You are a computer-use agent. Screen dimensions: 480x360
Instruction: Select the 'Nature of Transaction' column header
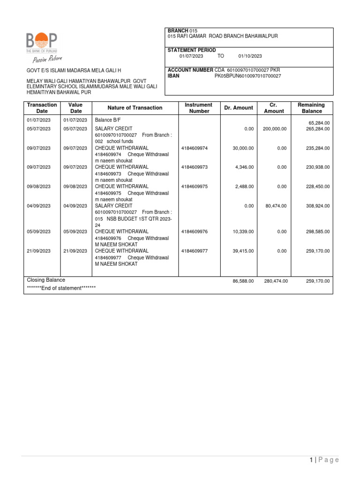135,108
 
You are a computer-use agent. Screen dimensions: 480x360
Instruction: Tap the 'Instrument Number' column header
198,108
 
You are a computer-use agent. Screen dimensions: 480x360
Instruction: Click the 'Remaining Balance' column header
312,108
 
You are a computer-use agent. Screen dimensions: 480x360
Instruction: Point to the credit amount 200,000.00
274,128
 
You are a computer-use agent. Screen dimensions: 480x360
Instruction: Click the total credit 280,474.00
275,281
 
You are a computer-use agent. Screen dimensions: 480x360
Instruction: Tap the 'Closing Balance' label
46,280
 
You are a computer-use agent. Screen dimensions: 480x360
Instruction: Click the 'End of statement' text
61,288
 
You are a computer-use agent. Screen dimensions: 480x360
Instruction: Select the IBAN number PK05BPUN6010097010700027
247,75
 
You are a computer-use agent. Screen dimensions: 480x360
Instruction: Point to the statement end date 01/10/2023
250,56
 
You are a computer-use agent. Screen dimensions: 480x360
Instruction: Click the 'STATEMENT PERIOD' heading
192,50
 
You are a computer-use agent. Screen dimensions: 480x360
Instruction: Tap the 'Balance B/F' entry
107,120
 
